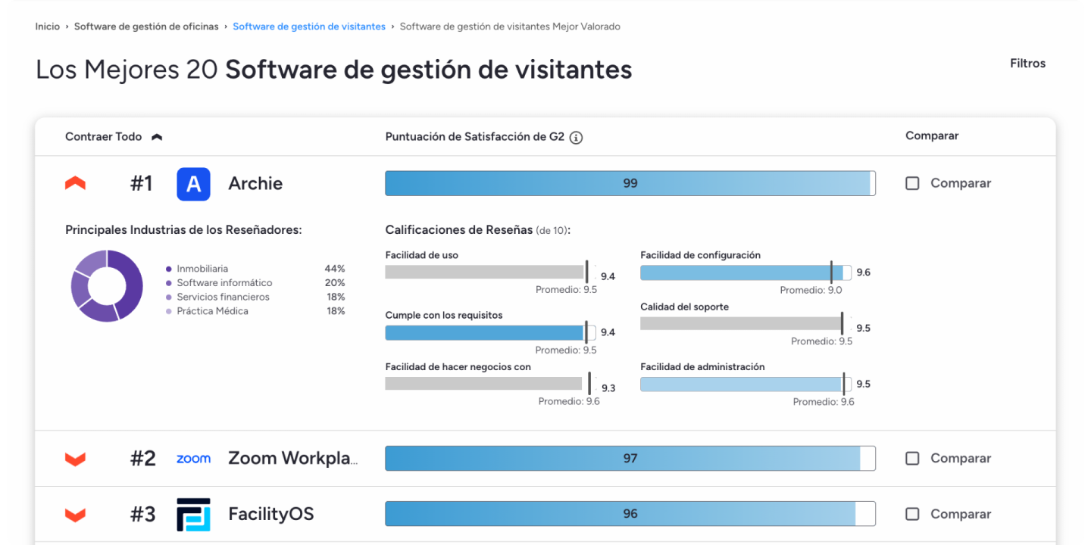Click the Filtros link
[x=1027, y=64]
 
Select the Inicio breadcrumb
[x=47, y=26]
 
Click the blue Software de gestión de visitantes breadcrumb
[x=308, y=26]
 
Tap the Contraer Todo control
[x=113, y=137]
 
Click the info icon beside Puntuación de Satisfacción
[x=576, y=138]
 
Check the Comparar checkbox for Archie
[x=912, y=183]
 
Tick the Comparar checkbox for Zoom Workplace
[x=912, y=458]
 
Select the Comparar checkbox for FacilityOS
[x=912, y=514]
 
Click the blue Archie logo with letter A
[x=193, y=184]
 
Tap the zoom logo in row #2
[x=193, y=459]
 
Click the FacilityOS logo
[x=193, y=514]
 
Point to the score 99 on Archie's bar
[x=630, y=183]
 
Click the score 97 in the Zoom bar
[x=630, y=458]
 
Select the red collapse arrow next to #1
[x=75, y=183]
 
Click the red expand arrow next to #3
[x=75, y=515]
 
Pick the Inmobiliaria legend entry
[x=202, y=269]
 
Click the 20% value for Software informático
[x=335, y=283]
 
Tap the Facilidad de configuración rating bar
[x=742, y=272]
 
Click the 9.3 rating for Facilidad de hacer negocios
[x=608, y=388]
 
